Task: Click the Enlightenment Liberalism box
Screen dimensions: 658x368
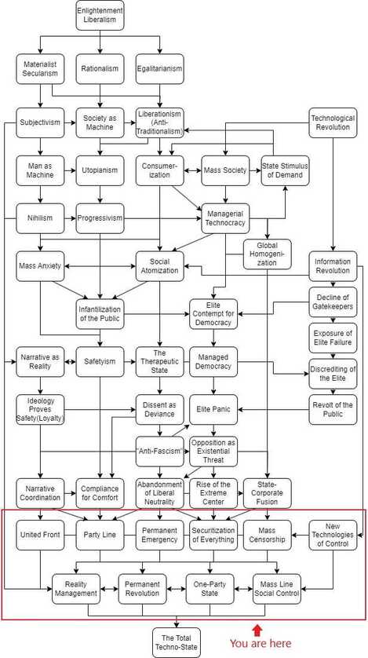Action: pos(100,15)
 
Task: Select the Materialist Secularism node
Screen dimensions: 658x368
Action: pos(40,68)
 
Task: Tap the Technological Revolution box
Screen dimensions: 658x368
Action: pos(333,123)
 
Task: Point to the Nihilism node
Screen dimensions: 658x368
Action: pos(40,218)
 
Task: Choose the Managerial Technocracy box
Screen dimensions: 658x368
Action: pos(225,218)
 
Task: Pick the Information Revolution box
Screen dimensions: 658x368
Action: pos(333,265)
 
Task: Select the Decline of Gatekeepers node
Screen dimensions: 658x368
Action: pos(333,302)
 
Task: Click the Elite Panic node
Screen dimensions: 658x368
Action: pos(213,409)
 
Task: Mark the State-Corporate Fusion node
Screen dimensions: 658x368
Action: pos(268,492)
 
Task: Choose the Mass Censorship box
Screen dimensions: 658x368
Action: pos(268,535)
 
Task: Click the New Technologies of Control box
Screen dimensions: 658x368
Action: pos(333,535)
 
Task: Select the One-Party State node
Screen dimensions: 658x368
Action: pos(210,588)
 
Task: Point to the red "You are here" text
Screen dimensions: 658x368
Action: pos(260,644)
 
